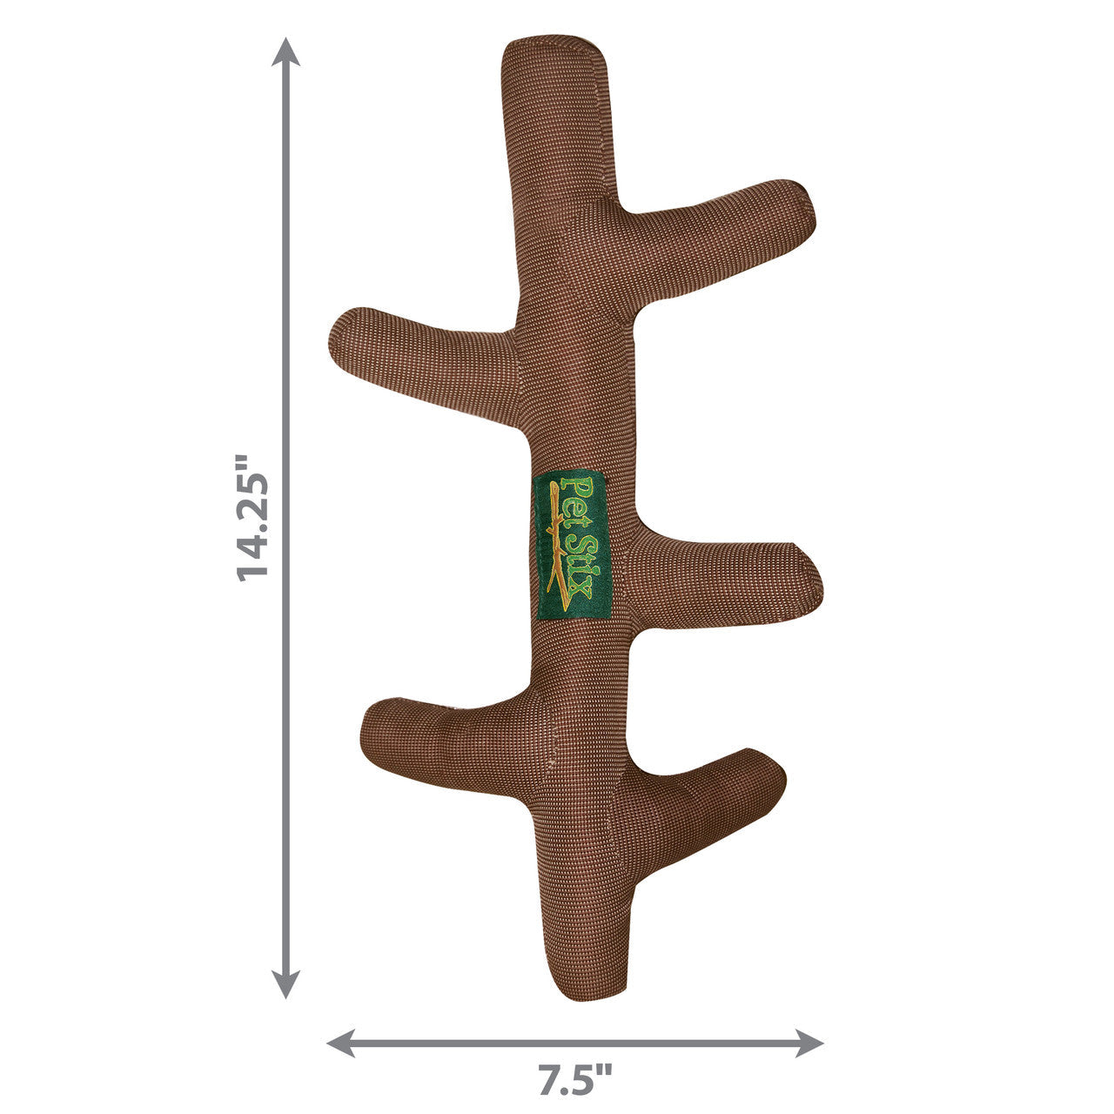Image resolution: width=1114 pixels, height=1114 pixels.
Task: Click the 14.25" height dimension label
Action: coord(253,517)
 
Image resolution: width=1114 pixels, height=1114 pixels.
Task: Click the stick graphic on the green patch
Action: coord(555,547)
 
